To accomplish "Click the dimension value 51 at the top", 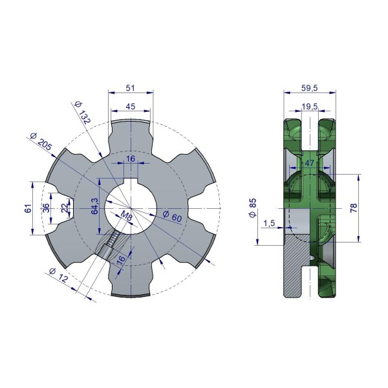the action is (x=131, y=88).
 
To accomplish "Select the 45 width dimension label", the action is (x=131, y=107).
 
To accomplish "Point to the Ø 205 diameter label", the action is (x=41, y=142).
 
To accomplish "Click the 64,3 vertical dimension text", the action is (x=95, y=206).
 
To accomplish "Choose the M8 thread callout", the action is (x=126, y=216).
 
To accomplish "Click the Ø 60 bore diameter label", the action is (x=173, y=217).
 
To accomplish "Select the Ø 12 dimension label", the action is (x=58, y=275).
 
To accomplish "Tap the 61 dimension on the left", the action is (x=28, y=208).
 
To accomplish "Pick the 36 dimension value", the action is (x=46, y=208).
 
